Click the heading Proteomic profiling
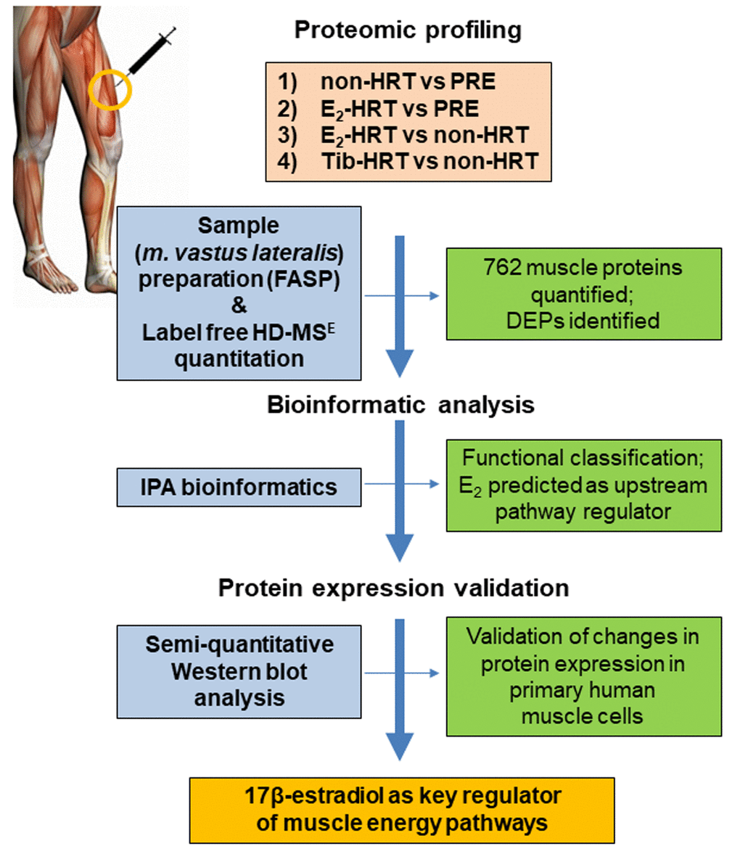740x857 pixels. pos(408,30)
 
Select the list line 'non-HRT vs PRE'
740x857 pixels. pos(408,82)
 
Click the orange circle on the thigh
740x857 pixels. pos(110,89)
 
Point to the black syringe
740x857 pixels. pos(152,52)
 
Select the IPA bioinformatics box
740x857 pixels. pos(239,487)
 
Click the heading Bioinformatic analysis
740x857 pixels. pos(400,405)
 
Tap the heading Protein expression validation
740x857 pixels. pos(393,588)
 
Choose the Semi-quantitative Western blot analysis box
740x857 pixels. pos(239,671)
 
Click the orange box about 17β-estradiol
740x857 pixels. pos(402,810)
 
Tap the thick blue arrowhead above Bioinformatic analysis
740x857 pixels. pos(400,363)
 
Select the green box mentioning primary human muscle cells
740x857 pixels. pos(583,676)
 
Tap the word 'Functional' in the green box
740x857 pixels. pos(512,459)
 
